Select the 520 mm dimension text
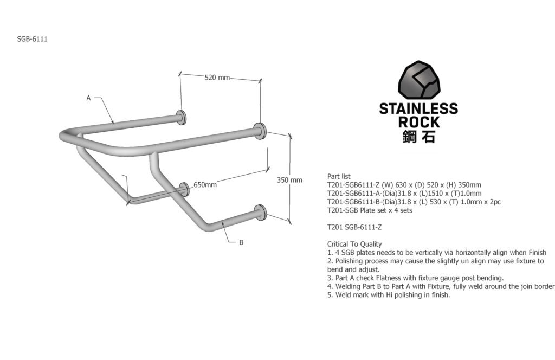pos(217,78)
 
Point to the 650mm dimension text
pos(205,185)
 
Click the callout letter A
pos(88,98)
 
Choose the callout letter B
pos(241,242)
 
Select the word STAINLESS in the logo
pos(418,108)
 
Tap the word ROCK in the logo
pos(418,122)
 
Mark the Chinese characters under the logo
pos(418,137)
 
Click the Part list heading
pos(339,176)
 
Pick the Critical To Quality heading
pos(354,244)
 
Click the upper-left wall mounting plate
pos(180,117)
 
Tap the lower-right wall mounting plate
pos(261,212)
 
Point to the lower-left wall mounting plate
pos(185,189)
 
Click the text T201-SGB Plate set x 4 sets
pos(370,210)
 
